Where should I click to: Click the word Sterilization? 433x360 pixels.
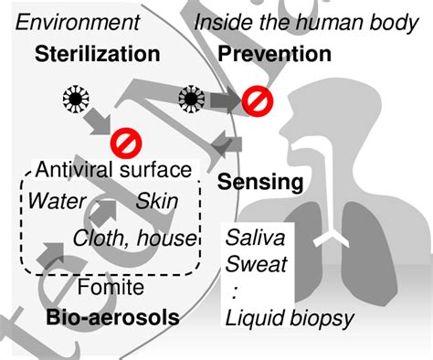[96, 54]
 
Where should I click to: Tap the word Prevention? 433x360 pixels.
[274, 54]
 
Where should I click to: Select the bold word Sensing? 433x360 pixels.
[260, 182]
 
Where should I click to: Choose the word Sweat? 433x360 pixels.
[251, 265]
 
